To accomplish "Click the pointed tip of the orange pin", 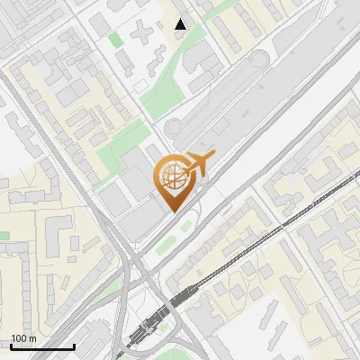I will (171, 211).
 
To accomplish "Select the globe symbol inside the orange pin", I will (171, 177).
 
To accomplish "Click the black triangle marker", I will (181, 24).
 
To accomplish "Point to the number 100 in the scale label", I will (19, 338).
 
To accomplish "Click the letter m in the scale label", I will (33, 338).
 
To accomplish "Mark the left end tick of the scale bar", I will (11, 346).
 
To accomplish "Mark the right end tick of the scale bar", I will (74, 346).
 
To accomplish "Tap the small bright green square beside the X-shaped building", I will (115, 39).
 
